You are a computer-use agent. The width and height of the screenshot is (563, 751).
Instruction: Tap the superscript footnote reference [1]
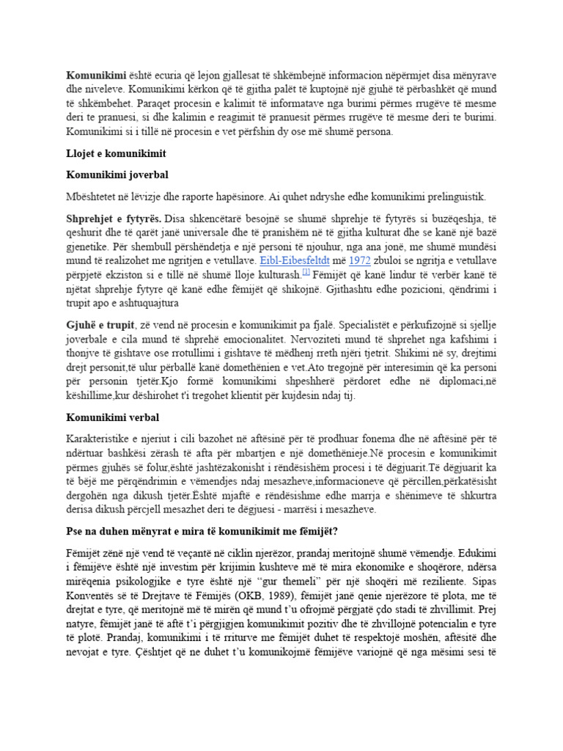click(306, 272)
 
